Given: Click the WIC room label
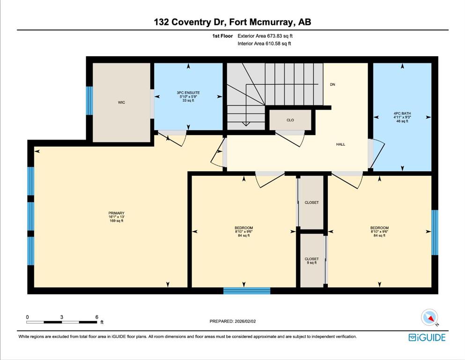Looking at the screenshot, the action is coord(121,102).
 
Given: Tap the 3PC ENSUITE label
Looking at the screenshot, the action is coord(188,93).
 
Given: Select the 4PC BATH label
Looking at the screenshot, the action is coord(402,113).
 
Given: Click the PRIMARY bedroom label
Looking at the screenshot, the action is coord(116,213).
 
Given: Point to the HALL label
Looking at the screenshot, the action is coord(340,144).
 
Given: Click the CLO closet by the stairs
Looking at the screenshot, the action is coord(290,120).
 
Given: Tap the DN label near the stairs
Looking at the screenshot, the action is coord(332,84).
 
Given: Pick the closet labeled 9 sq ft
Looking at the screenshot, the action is coord(312,260).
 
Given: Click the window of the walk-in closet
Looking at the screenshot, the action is coord(89,101).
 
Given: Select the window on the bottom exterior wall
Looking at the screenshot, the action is coord(247,291).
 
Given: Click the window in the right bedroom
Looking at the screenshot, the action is coord(435,232).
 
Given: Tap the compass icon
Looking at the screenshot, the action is coord(429,317).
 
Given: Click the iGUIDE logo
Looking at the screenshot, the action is coord(427,337).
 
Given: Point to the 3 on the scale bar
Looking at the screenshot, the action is coord(62,317).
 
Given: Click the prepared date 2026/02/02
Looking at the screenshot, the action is coord(245,321).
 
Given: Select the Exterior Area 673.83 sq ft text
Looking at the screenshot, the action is coord(265,36).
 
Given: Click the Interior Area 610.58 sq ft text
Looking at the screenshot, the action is coord(264,44).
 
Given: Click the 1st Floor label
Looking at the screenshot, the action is coord(222,36).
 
